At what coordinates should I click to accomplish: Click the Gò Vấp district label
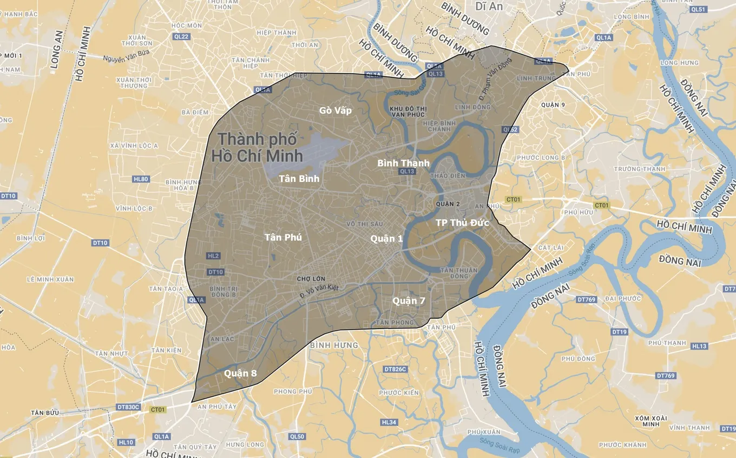(x=335, y=110)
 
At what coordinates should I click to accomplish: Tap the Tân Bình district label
(x=299, y=178)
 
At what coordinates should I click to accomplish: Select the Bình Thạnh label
(x=403, y=163)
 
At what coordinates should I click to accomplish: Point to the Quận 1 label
(x=386, y=239)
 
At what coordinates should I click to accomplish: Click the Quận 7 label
(x=409, y=300)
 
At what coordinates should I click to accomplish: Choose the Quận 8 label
(x=240, y=373)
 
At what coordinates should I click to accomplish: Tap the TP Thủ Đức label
(x=462, y=223)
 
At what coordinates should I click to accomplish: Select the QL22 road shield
(x=182, y=37)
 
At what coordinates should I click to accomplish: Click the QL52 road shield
(x=510, y=129)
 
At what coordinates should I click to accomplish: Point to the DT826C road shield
(x=395, y=369)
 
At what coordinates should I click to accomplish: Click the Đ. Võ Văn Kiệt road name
(x=319, y=291)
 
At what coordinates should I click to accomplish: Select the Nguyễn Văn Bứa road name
(x=126, y=53)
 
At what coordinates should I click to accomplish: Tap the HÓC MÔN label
(x=186, y=25)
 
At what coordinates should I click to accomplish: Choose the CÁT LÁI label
(x=550, y=247)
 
